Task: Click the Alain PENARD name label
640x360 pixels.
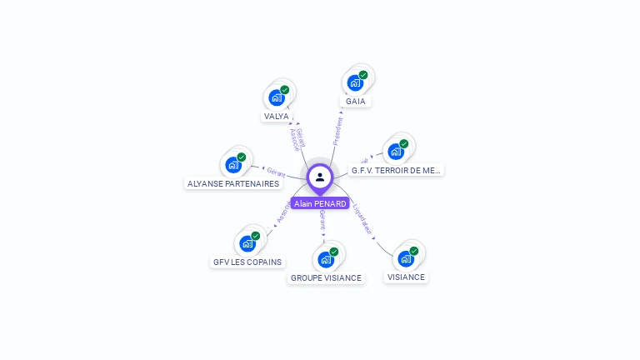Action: click(x=320, y=203)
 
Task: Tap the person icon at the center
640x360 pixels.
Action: click(x=320, y=177)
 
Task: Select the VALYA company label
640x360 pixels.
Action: click(x=277, y=117)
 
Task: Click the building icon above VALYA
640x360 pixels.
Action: click(x=276, y=97)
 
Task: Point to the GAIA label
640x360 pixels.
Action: click(x=356, y=102)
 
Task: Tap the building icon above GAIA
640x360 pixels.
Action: click(x=355, y=82)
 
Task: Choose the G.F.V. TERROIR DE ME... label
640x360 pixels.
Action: click(x=396, y=170)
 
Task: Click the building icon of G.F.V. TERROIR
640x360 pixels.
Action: click(x=396, y=152)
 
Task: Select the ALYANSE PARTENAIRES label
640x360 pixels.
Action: click(x=233, y=183)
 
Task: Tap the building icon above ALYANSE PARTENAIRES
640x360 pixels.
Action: click(x=233, y=164)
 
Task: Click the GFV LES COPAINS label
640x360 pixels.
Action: click(x=247, y=262)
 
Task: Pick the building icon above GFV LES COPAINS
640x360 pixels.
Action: click(x=247, y=243)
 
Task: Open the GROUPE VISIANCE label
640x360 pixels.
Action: click(x=327, y=277)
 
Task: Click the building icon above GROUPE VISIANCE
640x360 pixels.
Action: click(x=326, y=259)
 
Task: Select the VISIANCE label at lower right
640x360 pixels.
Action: click(x=406, y=277)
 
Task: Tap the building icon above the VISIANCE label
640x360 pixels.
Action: click(x=406, y=258)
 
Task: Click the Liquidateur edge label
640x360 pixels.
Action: click(x=363, y=218)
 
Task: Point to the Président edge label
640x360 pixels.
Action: click(x=338, y=131)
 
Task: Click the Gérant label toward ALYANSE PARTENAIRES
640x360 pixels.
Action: click(x=276, y=172)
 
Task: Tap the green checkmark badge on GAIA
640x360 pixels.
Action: click(x=363, y=75)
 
